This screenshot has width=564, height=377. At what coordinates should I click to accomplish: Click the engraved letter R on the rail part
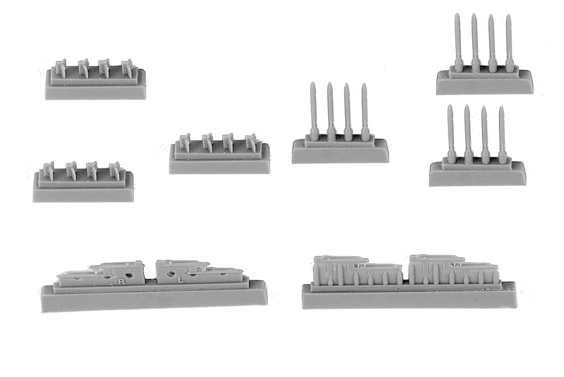[x=122, y=282]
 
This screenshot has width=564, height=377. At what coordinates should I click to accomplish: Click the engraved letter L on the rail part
[x=181, y=280]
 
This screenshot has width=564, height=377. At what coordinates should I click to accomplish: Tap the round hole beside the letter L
[x=170, y=274]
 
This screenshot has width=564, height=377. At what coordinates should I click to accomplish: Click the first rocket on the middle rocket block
[x=313, y=112]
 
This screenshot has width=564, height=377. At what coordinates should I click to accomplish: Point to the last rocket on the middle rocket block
[x=365, y=112]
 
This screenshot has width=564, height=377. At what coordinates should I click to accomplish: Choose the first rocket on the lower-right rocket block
[x=450, y=134]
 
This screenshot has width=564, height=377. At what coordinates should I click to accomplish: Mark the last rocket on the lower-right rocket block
[x=502, y=135]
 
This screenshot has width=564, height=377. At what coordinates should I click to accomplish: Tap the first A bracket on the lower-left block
[x=48, y=171]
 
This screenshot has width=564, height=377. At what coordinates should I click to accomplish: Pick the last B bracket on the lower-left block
[x=114, y=171]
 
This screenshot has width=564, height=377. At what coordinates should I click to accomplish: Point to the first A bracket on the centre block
[x=184, y=143]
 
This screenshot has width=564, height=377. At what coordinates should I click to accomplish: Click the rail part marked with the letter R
[x=102, y=274]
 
